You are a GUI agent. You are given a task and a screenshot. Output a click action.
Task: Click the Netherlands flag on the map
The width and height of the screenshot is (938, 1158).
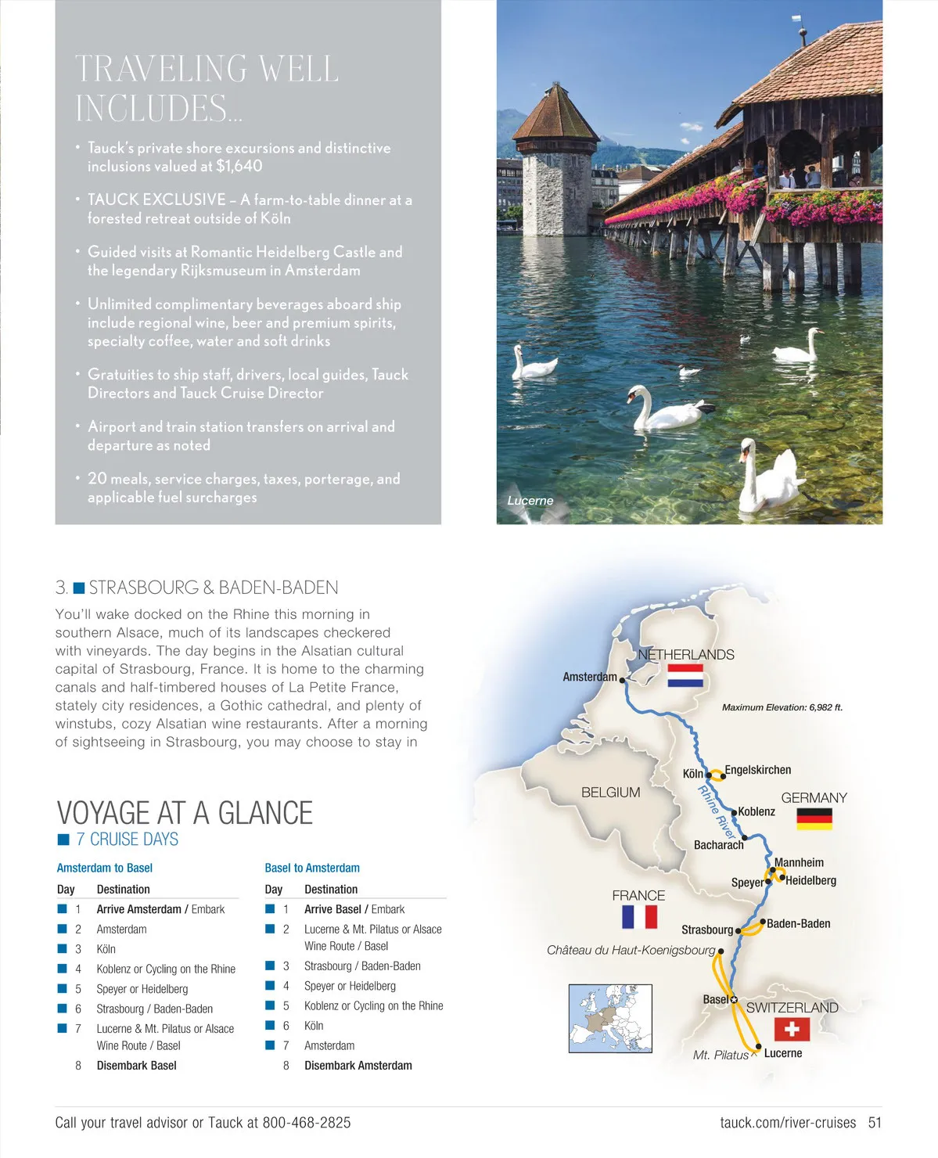685,675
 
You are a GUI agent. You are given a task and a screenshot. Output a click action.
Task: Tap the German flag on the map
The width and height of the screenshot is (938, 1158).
814,818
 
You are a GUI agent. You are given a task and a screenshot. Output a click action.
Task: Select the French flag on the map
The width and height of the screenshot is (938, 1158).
639,916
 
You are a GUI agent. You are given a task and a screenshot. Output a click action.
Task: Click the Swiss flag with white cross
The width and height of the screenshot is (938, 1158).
792,1028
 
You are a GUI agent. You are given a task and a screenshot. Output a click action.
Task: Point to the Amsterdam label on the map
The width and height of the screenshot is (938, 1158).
590,677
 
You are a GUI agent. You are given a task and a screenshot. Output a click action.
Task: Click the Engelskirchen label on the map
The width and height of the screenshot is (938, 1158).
757,770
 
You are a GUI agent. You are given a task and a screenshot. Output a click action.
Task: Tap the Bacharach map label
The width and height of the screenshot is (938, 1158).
718,845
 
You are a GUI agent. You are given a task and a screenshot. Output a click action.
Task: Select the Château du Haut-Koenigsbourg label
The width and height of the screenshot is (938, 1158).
631,950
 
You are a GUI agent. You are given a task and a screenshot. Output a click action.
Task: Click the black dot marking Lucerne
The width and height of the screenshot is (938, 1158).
758,1046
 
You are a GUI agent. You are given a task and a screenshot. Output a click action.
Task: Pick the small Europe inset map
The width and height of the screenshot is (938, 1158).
609,1019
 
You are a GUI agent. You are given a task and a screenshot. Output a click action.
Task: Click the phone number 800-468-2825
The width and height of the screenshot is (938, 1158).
307,1123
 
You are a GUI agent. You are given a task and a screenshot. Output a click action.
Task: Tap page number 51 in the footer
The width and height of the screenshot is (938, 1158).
875,1123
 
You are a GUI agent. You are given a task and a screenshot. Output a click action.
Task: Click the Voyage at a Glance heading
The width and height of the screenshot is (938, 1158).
185,813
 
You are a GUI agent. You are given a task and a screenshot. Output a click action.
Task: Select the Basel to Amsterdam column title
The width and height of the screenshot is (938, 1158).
312,868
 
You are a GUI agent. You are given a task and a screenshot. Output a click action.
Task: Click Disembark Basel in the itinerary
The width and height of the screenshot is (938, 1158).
136,1066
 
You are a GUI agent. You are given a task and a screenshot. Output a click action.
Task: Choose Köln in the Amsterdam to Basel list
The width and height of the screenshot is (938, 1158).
106,949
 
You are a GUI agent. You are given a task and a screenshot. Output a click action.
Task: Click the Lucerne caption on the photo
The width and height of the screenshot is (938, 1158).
530,501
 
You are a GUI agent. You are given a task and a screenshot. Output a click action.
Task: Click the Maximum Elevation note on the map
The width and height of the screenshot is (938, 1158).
782,707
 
